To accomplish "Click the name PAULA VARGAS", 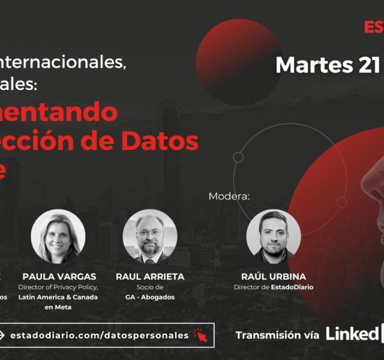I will click(x=58, y=277).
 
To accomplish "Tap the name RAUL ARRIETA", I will click(x=150, y=277).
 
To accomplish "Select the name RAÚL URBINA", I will click(x=274, y=277).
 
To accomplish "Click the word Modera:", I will click(x=229, y=196).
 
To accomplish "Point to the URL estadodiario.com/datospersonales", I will click(x=99, y=335).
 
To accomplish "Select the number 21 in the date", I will click(x=367, y=65).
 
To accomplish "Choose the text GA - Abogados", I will click(x=150, y=297).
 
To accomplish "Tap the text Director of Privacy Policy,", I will click(x=58, y=287).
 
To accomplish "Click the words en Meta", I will click(x=58, y=307).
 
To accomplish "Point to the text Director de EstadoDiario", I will click(x=274, y=287).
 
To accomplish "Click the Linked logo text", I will click(x=352, y=334).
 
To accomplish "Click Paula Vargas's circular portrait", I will click(x=58, y=236).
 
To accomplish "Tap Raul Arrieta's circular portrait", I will click(x=150, y=236).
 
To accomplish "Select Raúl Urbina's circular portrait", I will click(x=274, y=236).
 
